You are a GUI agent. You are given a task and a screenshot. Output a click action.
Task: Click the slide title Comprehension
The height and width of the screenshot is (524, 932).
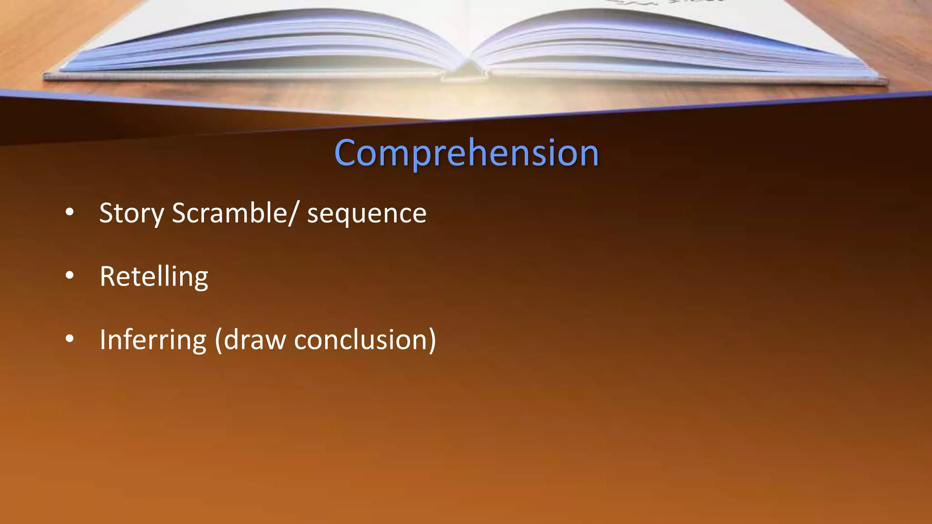point(466,153)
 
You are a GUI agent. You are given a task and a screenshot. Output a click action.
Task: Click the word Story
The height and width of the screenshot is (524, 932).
point(132,213)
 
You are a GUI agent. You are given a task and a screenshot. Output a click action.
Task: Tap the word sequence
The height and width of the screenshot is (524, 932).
point(367,213)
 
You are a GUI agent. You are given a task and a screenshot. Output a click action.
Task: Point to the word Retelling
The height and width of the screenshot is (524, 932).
point(154,276)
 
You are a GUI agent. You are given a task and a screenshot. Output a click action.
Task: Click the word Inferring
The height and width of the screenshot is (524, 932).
point(153,340)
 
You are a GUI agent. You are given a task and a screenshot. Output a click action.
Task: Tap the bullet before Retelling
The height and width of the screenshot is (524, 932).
point(70,275)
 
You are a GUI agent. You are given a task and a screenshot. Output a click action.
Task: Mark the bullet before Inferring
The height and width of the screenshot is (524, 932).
point(70,338)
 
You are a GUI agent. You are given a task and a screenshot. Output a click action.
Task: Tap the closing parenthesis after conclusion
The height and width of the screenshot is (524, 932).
point(431,340)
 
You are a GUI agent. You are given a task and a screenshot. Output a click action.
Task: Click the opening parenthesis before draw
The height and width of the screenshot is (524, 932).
point(219,340)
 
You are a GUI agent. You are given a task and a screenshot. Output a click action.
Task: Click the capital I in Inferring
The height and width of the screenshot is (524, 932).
point(102,339)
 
